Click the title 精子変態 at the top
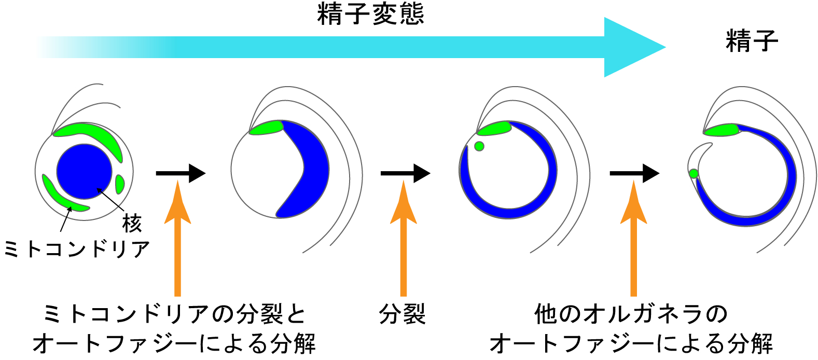(370, 14)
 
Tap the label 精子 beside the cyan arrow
(752, 41)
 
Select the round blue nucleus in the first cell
(84, 171)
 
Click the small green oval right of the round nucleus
(120, 184)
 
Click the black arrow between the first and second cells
(181, 173)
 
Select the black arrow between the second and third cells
(405, 173)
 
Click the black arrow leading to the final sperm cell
(635, 173)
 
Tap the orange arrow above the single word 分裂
(404, 238)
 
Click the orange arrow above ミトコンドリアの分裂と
(178, 238)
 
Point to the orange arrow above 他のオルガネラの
(633, 238)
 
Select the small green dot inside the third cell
(479, 146)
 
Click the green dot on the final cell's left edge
(694, 173)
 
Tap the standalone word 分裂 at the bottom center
(403, 314)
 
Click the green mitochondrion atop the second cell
(267, 128)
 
